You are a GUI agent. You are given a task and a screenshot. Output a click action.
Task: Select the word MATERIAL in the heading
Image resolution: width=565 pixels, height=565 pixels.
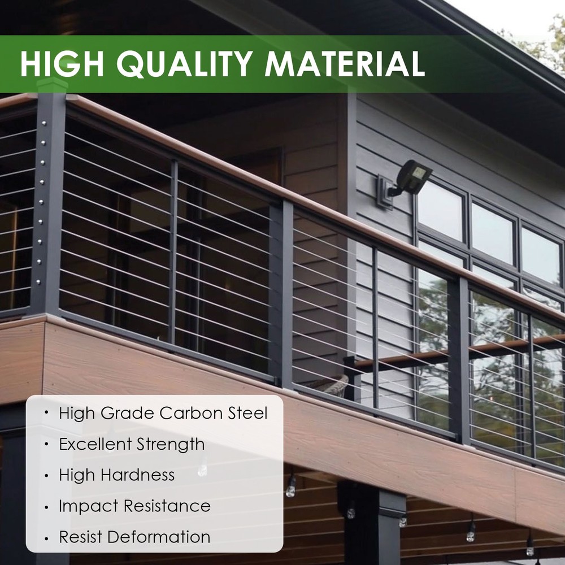[345, 63]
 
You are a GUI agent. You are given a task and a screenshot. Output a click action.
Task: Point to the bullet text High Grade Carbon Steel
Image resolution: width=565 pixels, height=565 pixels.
[163, 413]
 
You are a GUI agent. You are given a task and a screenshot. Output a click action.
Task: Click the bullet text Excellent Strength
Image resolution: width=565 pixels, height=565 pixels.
[132, 444]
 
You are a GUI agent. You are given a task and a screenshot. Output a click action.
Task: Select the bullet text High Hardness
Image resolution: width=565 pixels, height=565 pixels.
[117, 475]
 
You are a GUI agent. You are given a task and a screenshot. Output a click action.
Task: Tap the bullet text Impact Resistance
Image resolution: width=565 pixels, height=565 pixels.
[134, 506]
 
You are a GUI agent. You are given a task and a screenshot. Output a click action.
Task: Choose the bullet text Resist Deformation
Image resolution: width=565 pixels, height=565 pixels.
[134, 537]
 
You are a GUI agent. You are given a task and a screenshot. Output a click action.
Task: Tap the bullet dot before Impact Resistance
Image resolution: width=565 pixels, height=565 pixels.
[46, 506]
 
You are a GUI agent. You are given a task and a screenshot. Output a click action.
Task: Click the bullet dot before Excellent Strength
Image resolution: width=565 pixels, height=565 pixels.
[46, 444]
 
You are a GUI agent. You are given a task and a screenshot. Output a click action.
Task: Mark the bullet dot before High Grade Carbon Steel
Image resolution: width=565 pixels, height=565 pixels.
[46, 413]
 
